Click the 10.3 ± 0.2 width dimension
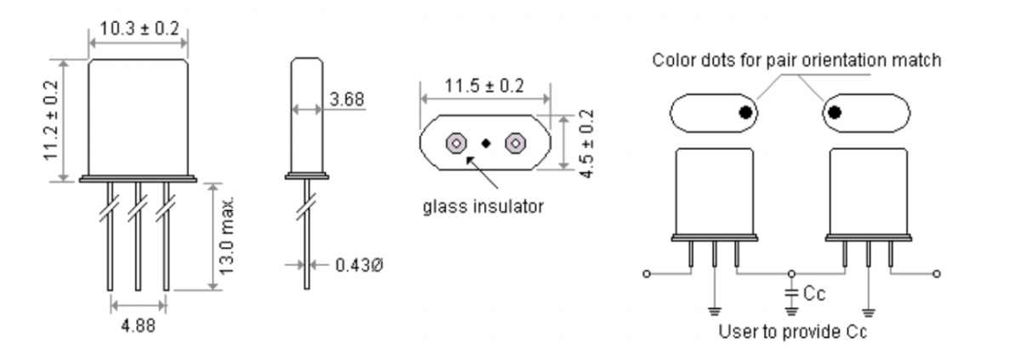coord(139,29)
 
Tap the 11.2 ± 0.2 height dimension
coord(51,120)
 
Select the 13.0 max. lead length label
coord(226,236)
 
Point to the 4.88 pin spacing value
coord(138,326)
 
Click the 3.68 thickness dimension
coord(347,100)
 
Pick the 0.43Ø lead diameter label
coord(360,265)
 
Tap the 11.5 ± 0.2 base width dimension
coord(484,86)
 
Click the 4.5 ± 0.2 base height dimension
coord(587,144)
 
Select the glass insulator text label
coord(483,207)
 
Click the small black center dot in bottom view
coord(486,143)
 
